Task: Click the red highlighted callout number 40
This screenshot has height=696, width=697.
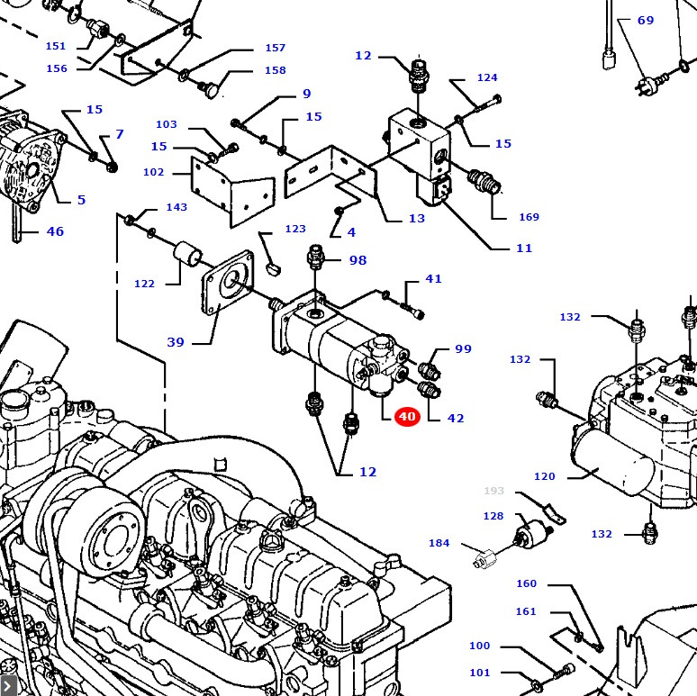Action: tap(407, 416)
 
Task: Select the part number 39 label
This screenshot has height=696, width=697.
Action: tap(176, 342)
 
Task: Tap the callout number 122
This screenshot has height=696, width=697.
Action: tap(144, 284)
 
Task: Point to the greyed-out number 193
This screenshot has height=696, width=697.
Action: tap(494, 491)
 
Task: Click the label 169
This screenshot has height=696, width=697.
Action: tap(529, 217)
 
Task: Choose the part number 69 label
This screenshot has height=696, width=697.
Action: tap(646, 21)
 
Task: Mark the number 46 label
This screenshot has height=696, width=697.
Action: tap(55, 231)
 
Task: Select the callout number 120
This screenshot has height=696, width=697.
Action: tap(544, 476)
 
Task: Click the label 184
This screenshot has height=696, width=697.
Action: tap(439, 543)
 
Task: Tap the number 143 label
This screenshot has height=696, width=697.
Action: tap(177, 207)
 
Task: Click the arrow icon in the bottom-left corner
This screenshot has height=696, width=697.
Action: tap(8, 686)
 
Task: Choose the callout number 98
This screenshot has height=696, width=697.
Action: tap(358, 260)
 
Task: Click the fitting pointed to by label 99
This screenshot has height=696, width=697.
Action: tap(430, 369)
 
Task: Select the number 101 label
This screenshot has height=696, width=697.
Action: tap(480, 673)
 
